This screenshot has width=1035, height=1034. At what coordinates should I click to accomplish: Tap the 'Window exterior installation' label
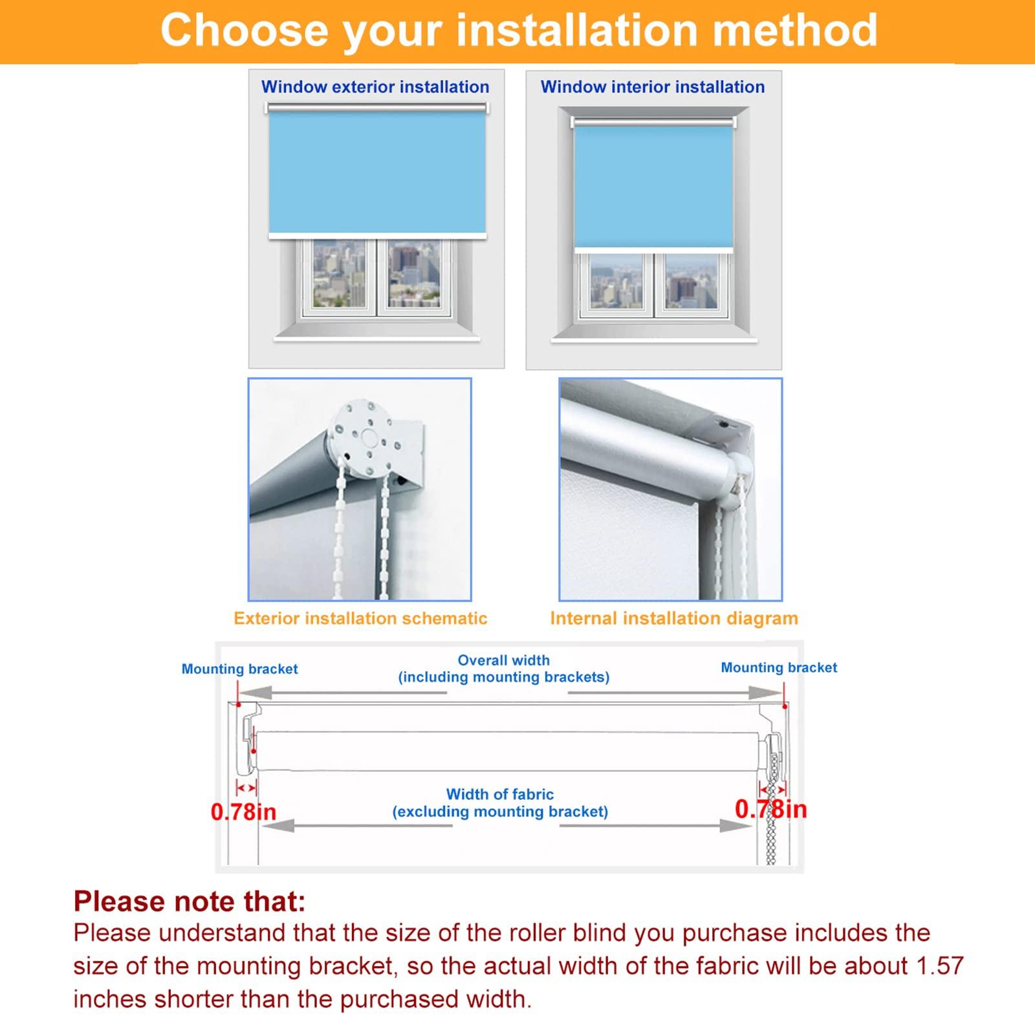point(375,87)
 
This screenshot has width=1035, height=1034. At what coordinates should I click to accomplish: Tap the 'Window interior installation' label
point(652,87)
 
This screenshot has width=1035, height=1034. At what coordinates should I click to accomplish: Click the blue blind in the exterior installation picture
point(377,171)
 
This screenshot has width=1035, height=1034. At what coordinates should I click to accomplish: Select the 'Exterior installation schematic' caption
point(360,618)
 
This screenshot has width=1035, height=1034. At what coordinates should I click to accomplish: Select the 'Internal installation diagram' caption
point(673,618)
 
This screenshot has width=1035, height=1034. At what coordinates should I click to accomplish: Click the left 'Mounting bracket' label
point(239,669)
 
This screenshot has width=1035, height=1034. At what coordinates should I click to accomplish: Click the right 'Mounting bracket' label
point(779,667)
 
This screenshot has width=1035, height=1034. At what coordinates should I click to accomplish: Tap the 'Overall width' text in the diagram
point(503,660)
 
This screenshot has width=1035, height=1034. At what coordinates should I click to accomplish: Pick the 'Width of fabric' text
point(499,794)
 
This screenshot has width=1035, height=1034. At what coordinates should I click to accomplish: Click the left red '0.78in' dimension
point(243,812)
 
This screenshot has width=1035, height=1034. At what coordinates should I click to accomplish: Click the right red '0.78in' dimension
point(770,809)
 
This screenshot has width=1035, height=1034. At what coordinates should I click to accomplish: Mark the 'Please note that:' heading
point(189,901)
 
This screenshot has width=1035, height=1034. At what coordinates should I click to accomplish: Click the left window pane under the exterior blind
point(339,273)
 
